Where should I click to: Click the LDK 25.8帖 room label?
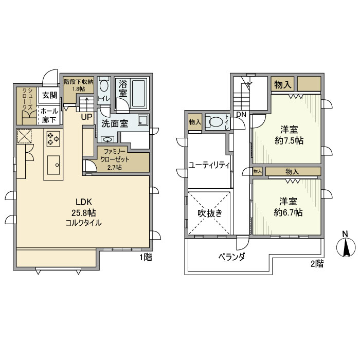[x=83, y=211]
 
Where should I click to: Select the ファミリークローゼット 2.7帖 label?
[x=116, y=159]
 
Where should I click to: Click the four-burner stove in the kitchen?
[x=54, y=138]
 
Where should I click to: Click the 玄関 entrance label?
[x=49, y=95]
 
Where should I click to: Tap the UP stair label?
[x=86, y=117]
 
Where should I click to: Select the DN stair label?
[x=241, y=114]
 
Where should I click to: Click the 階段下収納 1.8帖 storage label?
[x=79, y=84]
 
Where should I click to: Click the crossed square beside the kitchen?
[x=24, y=136]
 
